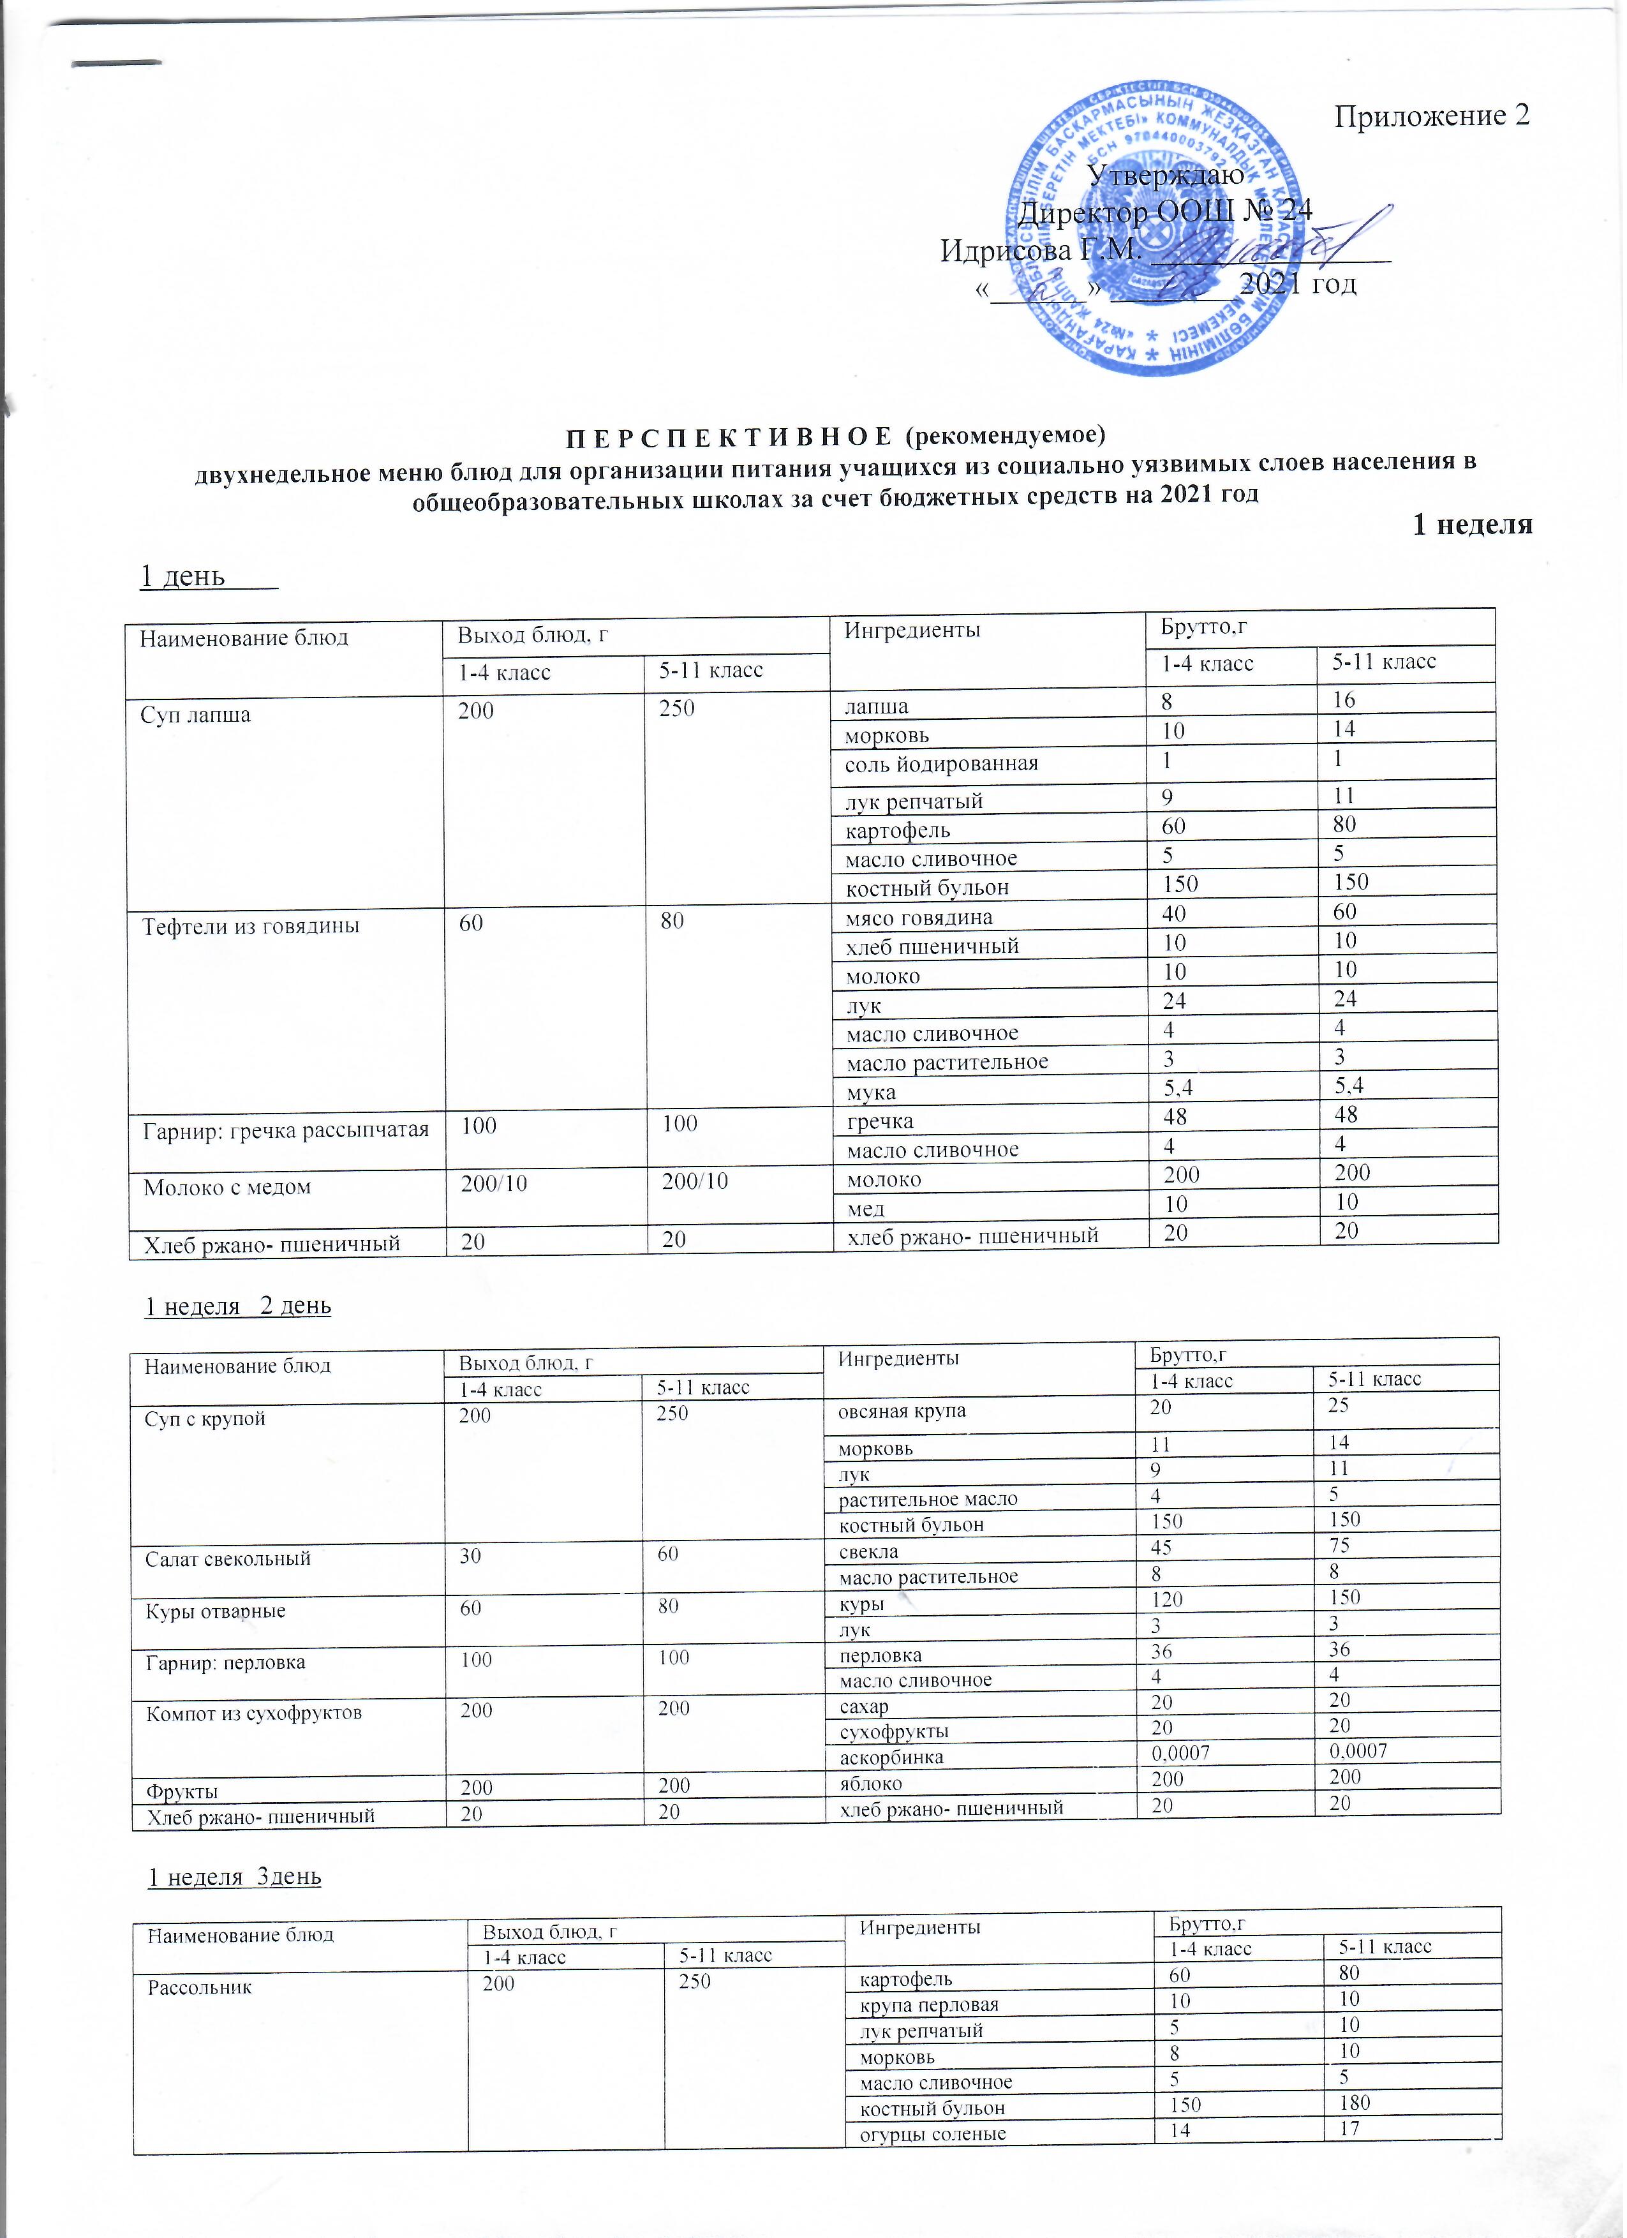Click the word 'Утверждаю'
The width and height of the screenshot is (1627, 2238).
(x=1164, y=175)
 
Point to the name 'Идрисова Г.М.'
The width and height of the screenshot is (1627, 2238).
(x=1040, y=250)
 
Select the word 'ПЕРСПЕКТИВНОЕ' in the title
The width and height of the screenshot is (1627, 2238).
(x=729, y=435)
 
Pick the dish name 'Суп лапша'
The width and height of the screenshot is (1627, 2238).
(x=197, y=715)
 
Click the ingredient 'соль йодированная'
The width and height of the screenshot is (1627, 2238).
(x=941, y=764)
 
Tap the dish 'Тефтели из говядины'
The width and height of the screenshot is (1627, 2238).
(x=251, y=927)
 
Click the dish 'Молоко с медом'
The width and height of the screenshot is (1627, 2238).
(x=227, y=1187)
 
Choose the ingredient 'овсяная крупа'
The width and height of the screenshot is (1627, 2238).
(x=902, y=1411)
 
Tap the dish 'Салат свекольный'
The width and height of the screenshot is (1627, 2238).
(x=228, y=1559)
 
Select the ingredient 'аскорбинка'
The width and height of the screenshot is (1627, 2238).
(x=891, y=1757)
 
